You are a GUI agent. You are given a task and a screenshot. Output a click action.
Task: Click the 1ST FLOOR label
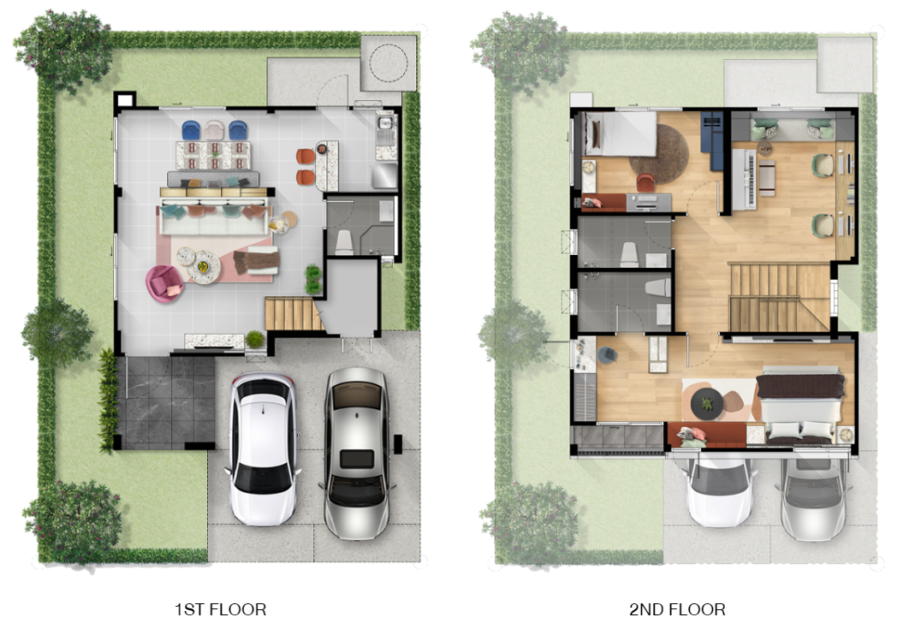point(220,609)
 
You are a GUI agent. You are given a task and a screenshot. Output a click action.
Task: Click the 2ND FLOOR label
point(677,609)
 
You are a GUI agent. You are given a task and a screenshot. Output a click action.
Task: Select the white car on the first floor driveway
point(264,448)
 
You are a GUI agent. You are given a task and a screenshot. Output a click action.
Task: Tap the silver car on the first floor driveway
point(356,452)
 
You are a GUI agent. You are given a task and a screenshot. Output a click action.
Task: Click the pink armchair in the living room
point(164,283)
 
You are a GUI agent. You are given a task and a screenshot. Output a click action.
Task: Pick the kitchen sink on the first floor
point(385,123)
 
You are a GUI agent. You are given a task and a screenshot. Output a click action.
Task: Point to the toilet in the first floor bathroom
point(344,242)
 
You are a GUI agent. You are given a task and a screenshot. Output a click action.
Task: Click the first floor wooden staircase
point(294,313)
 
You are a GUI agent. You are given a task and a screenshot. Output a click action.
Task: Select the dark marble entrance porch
point(169,402)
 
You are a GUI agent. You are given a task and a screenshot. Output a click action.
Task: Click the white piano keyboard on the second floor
point(745,179)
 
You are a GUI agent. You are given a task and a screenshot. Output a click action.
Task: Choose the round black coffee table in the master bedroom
point(706,402)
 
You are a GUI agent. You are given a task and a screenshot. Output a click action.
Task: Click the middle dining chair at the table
point(215,130)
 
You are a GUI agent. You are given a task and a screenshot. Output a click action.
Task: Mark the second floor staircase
point(780,297)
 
